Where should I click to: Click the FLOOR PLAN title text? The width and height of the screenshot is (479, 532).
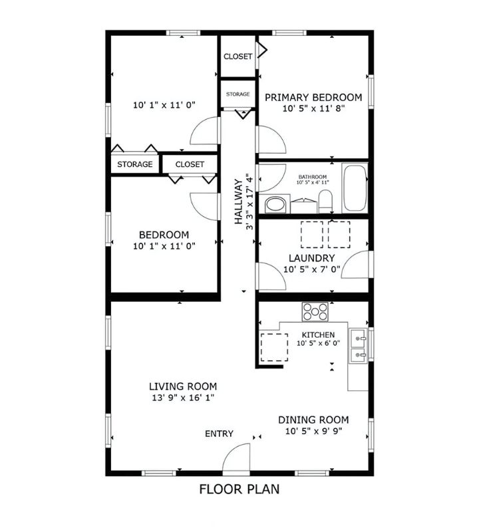(239, 489)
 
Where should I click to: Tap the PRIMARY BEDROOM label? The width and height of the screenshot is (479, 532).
(313, 98)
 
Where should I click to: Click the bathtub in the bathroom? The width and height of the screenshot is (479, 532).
(355, 188)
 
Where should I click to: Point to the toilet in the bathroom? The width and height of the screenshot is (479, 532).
(325, 201)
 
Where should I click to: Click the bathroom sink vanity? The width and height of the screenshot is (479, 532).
(275, 203)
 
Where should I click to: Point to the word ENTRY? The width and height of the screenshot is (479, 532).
(219, 434)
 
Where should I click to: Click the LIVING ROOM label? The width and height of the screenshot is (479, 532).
(182, 386)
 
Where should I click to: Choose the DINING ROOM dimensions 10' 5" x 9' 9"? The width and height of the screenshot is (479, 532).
(313, 431)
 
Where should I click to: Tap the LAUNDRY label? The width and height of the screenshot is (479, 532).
(311, 258)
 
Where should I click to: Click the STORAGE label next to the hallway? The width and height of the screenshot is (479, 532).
(238, 94)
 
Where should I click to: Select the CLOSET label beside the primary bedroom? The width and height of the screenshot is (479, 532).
(238, 57)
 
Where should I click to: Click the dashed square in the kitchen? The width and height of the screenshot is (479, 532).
(273, 346)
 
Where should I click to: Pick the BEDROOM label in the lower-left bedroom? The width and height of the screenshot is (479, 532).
(164, 235)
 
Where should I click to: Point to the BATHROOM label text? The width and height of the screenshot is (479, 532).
(312, 177)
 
